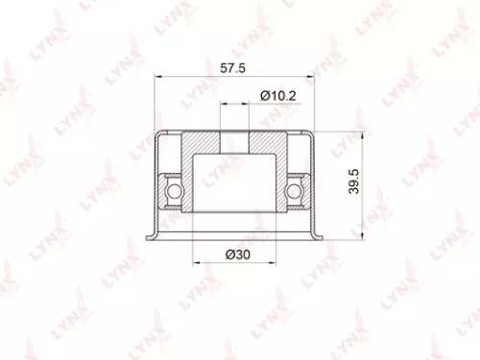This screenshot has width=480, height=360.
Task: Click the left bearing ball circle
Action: [173, 195]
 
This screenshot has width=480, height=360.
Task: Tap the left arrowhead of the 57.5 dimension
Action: [159, 80]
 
